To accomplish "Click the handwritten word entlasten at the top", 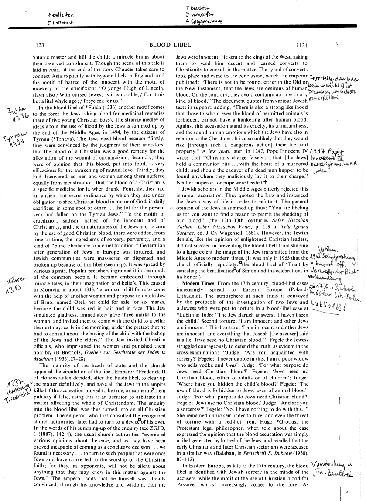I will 63,14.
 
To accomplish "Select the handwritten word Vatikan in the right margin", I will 327,247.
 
